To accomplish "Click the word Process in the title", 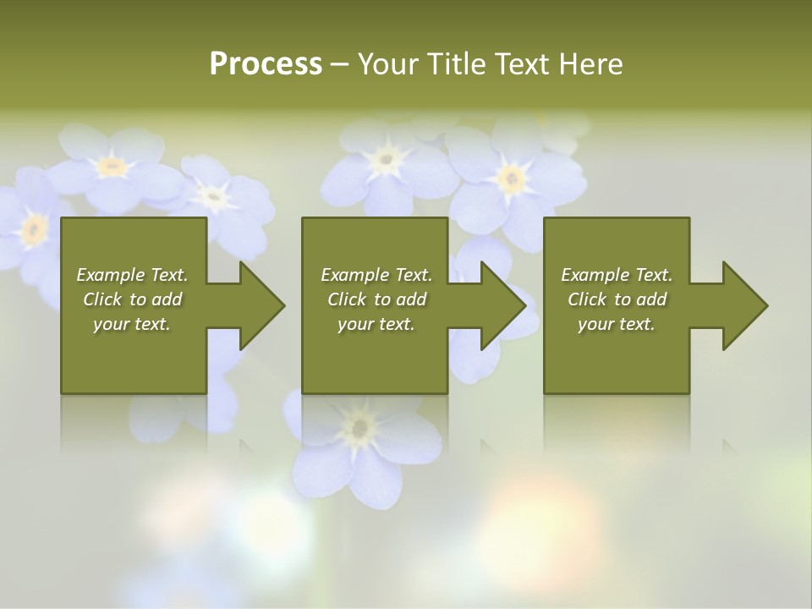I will (x=266, y=64).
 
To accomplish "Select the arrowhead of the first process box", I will (x=261, y=305).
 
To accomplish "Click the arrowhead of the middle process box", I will (x=502, y=305).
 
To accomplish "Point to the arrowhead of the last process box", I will (x=743, y=305).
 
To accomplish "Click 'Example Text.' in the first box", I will (x=132, y=275).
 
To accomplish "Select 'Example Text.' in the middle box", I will (x=376, y=275).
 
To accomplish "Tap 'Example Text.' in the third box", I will (x=617, y=275).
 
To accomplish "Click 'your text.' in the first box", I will (x=132, y=324).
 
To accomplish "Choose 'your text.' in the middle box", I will (x=376, y=324).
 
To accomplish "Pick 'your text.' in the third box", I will (x=617, y=324).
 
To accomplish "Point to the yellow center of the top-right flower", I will (x=510, y=178).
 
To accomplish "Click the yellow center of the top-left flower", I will (x=112, y=166).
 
